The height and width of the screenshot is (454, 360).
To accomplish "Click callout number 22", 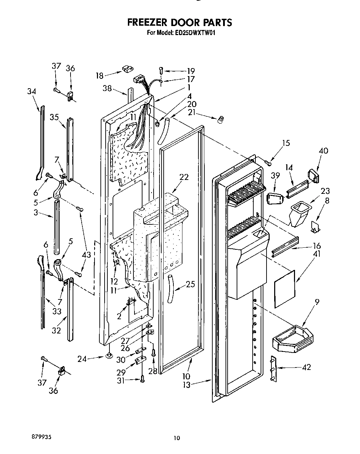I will click(184, 177).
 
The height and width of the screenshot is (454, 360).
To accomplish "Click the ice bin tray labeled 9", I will click(292, 338).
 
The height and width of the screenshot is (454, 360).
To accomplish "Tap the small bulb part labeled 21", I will click(219, 120).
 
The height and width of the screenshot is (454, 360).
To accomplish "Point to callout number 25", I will click(190, 284).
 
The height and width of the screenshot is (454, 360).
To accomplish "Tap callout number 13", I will click(187, 385).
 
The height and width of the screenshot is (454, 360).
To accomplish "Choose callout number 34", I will click(32, 91).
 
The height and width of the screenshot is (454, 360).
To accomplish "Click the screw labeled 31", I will click(142, 380).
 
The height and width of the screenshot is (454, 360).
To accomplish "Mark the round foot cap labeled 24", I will click(109, 356).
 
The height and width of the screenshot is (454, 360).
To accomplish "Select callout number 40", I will click(323, 151).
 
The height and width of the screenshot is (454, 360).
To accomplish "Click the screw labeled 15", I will click(268, 162).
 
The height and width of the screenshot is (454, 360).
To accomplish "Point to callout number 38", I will click(107, 89).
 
